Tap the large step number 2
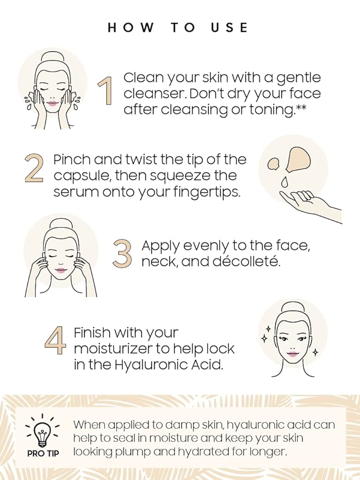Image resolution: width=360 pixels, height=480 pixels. (x=34, y=167)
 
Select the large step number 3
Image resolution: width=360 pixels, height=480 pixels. (x=122, y=252)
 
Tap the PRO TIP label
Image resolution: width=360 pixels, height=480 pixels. (x=43, y=454)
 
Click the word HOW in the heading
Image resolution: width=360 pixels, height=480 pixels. (x=131, y=28)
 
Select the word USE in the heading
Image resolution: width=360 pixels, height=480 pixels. (x=229, y=28)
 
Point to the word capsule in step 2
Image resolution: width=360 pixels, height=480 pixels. (x=80, y=176)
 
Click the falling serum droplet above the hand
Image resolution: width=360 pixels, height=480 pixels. (x=285, y=182)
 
